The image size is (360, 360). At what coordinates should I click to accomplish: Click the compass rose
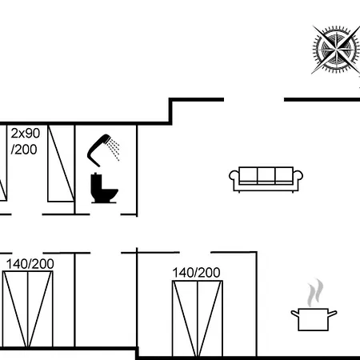click(x=336, y=50)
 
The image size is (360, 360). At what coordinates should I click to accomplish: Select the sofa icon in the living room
click(x=266, y=179)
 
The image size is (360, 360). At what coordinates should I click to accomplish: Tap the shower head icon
click(x=103, y=150)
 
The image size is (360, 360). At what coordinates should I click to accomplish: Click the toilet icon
click(x=104, y=188)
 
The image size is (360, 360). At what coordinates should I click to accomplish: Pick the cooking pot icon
click(x=314, y=319)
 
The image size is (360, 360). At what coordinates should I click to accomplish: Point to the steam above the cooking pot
click(x=315, y=292)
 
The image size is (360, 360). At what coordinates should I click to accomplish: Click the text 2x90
click(x=26, y=133)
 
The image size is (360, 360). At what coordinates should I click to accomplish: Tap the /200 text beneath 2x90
click(x=24, y=150)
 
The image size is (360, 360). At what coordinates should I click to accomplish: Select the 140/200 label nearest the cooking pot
click(x=196, y=273)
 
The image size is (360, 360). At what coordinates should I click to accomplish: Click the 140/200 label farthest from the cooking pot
click(x=30, y=264)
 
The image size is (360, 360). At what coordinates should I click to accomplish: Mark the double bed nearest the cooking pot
click(x=198, y=318)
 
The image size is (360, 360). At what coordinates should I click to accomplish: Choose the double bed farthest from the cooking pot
click(x=28, y=309)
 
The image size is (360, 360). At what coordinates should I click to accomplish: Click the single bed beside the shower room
click(x=61, y=163)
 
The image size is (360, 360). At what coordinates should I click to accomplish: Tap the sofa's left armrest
click(x=233, y=178)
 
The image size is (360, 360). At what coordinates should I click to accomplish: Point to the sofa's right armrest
click(x=298, y=178)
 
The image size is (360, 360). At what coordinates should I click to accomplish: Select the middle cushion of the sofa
click(x=266, y=175)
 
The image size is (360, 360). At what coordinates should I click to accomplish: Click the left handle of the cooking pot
click(x=294, y=314)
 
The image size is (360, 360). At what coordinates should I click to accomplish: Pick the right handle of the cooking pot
click(x=333, y=314)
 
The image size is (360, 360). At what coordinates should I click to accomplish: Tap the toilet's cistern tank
click(x=96, y=182)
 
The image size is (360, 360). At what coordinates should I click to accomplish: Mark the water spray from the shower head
click(x=114, y=150)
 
